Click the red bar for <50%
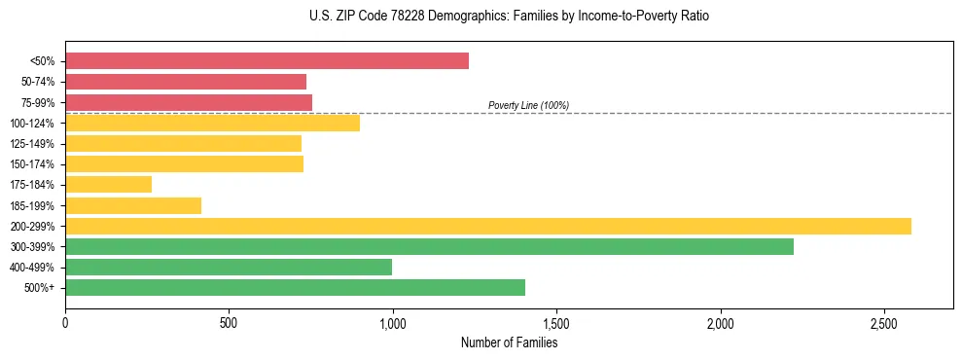tap(267, 61)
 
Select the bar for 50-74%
tap(186, 82)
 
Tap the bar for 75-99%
tap(189, 102)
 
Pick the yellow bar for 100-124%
tap(212, 123)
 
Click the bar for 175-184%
tap(108, 184)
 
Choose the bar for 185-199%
tap(133, 205)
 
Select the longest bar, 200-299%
tap(488, 226)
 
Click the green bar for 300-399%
tap(429, 246)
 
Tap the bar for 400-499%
tap(229, 267)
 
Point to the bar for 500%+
tap(295, 287)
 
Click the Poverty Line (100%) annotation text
tap(528, 105)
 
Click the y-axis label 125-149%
tap(32, 144)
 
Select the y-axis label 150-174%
tap(32, 164)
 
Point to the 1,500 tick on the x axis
tap(556, 322)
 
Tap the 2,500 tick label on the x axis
tap(883, 322)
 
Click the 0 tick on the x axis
tap(65, 322)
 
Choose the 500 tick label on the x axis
tap(229, 322)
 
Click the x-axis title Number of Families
tap(509, 342)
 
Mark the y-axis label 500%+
tap(40, 288)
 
